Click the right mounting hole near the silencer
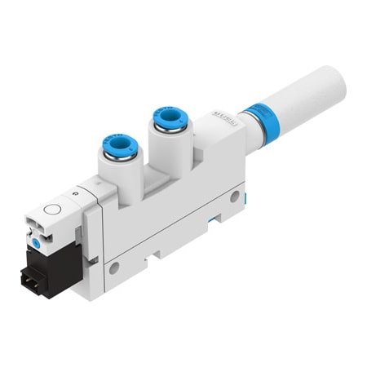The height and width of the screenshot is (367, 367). click(235, 197)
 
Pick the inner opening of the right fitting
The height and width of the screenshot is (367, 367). click(170, 118)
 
